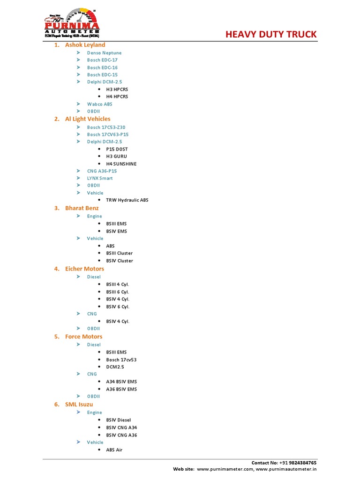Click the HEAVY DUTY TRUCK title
point(271,34)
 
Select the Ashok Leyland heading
point(85,45)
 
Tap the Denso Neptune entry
point(104,53)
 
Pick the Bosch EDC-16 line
point(102,67)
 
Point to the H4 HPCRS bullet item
point(117,97)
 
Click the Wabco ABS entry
point(99,104)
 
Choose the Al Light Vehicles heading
point(88,119)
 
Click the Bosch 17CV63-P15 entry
point(108,135)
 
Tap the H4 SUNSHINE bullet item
point(121,164)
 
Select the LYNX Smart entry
point(100,178)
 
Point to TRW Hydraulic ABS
point(127,200)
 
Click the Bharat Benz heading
point(82,208)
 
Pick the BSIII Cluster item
point(119,253)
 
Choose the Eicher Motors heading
point(84,269)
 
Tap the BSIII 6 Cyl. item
point(117,292)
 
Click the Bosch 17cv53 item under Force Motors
point(121,360)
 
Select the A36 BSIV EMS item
point(121,389)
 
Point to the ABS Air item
point(114,450)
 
